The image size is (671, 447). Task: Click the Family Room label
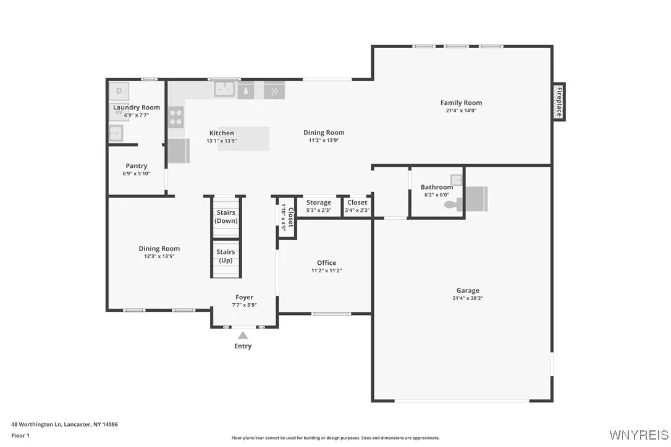coord(461,103)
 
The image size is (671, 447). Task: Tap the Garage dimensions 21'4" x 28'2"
coord(468,298)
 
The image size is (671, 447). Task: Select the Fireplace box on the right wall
coord(559,102)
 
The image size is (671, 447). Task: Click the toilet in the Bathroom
coord(454,204)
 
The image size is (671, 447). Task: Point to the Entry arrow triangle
coord(243,335)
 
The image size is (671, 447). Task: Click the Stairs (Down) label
coord(226,217)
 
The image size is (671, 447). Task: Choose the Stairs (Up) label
coord(226,256)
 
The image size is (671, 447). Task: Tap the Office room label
coord(326,263)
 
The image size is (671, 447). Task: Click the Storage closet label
coord(319,203)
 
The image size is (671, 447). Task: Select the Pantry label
coord(137,166)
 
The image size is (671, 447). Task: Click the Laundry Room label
coord(137,107)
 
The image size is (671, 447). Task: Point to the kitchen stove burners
coord(176,117)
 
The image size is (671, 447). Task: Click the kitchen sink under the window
coord(224,90)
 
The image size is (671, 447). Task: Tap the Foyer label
coord(244,298)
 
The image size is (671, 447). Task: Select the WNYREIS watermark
coord(638,435)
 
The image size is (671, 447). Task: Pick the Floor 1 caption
coord(20,436)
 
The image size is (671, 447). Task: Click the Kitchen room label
coord(221,133)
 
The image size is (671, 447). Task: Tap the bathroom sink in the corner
coord(457,180)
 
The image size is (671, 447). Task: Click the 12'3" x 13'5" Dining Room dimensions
coord(159,256)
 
